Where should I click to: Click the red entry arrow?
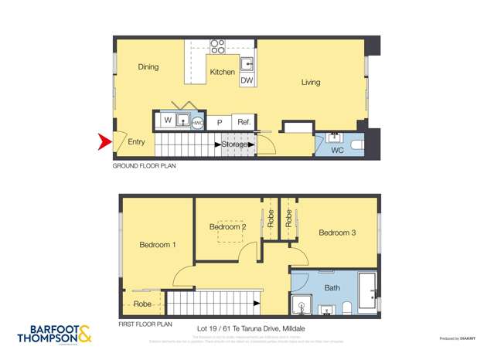coord(103,141)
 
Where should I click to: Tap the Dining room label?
coord(148,67)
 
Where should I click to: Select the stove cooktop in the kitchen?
coord(218,46)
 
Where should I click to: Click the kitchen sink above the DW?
coord(247,63)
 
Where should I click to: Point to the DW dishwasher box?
coord(247,80)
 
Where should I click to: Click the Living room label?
coord(311,83)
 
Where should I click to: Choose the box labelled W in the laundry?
coord(166,121)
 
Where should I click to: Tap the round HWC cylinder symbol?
coord(198,121)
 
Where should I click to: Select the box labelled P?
coord(220,122)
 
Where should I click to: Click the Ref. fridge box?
coord(243,122)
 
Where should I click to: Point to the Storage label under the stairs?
coord(234,144)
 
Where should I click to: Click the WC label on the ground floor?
coord(337,150)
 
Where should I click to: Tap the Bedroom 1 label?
coord(158,245)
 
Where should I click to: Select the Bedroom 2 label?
coord(228,227)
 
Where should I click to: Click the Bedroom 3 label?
coord(337,233)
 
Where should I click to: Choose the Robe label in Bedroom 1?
coord(142,304)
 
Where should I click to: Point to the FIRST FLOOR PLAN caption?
coord(146,324)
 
